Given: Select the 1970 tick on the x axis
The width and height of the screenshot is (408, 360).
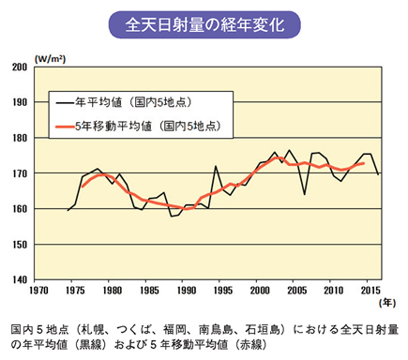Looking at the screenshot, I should [x=35, y=290].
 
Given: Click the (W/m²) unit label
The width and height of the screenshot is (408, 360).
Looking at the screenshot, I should [x=48, y=58].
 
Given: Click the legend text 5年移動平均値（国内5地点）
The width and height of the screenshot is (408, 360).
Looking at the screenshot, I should [x=150, y=124].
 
